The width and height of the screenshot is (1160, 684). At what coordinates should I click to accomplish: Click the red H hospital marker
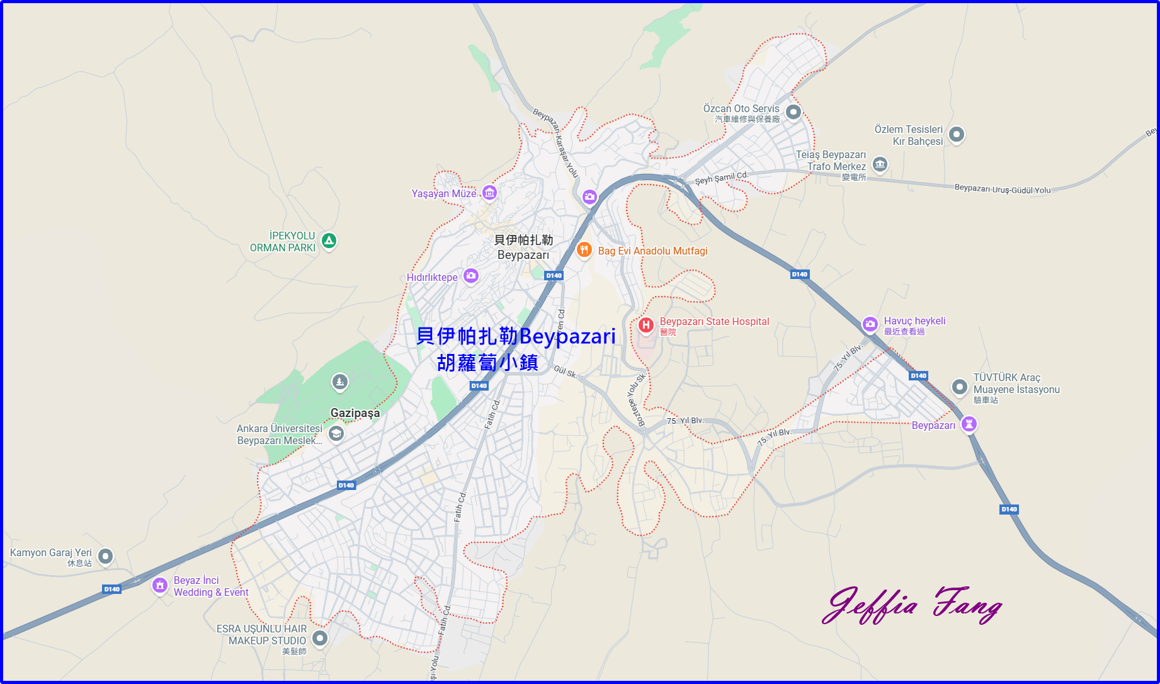click(x=645, y=325)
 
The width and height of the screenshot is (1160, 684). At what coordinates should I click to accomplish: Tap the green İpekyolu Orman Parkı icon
click(x=329, y=241)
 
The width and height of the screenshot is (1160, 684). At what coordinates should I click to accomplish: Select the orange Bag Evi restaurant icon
click(x=584, y=249)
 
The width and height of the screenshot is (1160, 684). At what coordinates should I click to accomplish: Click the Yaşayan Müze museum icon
click(x=489, y=192)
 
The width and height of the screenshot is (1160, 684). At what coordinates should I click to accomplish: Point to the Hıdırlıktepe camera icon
click(x=471, y=275)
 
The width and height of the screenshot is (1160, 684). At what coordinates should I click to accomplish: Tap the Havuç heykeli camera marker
click(x=870, y=324)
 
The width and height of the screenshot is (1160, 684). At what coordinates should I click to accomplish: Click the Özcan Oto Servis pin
click(x=793, y=112)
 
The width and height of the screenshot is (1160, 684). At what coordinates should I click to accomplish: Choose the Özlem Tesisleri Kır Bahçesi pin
click(x=957, y=134)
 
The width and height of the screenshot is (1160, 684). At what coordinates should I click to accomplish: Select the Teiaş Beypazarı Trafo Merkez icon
click(x=880, y=165)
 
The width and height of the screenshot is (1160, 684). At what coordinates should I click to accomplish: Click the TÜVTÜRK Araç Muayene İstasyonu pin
click(x=959, y=386)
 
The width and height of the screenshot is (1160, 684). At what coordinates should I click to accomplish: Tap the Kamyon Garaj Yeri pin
click(x=106, y=556)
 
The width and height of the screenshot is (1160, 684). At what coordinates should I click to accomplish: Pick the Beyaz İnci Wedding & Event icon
click(x=160, y=586)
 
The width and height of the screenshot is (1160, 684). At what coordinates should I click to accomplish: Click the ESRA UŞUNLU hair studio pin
click(x=320, y=638)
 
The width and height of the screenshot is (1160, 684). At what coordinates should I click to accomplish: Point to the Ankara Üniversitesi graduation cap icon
click(x=336, y=433)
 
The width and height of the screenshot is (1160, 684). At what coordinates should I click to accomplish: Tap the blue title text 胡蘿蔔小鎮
click(x=487, y=363)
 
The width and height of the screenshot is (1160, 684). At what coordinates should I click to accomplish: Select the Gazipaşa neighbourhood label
click(x=355, y=413)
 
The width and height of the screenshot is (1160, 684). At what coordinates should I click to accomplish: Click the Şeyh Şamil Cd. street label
click(x=721, y=178)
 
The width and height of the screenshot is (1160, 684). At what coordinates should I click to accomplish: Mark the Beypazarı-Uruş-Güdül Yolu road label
click(x=1003, y=189)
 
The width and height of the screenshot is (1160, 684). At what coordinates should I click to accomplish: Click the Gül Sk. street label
click(x=565, y=372)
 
